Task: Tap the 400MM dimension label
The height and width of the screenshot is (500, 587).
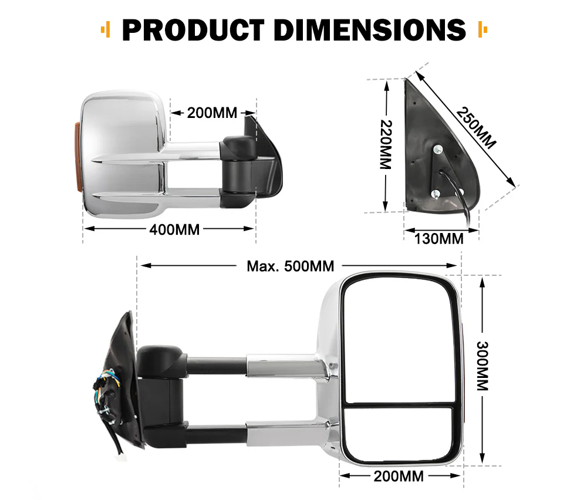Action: (174, 229)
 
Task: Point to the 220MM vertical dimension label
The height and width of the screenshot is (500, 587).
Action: (385, 144)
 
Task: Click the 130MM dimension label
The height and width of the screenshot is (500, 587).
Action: (439, 238)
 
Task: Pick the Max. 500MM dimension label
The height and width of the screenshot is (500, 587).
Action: (290, 266)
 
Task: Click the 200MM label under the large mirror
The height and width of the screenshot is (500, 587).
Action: (399, 476)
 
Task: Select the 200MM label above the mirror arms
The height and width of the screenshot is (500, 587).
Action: (212, 113)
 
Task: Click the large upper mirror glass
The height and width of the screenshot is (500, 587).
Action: (399, 340)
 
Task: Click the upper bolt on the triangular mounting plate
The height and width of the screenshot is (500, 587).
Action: (438, 150)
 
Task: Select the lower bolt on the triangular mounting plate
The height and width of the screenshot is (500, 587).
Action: (435, 194)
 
